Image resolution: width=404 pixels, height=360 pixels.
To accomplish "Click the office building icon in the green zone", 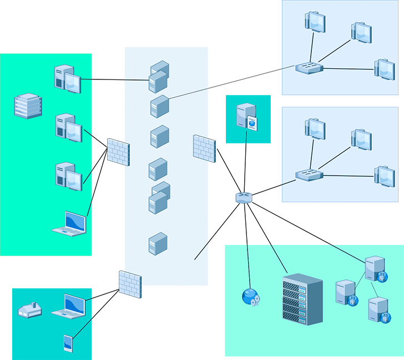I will point(28,106).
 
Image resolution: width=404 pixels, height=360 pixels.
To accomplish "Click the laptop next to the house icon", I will point(69,306).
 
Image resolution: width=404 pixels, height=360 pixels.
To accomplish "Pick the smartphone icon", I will point(68,343).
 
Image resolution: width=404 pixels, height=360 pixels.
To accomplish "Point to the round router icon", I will point(244,198).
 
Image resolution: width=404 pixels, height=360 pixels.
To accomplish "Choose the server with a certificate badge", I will point(246,117).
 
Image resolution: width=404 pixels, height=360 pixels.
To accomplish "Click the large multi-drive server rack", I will point(302,300).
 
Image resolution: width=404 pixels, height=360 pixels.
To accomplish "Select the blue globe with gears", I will point(250,297).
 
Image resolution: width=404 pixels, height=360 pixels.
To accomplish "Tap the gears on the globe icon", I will point(255,301).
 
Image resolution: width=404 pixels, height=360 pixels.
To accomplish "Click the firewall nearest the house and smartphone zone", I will point(130,283).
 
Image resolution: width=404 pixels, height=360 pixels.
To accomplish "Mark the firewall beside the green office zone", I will point(118,151).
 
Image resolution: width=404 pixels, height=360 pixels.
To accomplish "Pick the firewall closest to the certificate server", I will point(204,148).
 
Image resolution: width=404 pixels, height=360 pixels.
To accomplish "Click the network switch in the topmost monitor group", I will point(309,68).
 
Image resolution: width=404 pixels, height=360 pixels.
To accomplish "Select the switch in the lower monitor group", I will point(309,175).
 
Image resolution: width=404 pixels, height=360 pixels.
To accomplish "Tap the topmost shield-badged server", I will point(375,268).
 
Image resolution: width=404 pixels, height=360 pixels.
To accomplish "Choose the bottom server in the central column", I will point(158,244).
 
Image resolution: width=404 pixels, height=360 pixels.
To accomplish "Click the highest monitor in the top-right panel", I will point(315,21).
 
